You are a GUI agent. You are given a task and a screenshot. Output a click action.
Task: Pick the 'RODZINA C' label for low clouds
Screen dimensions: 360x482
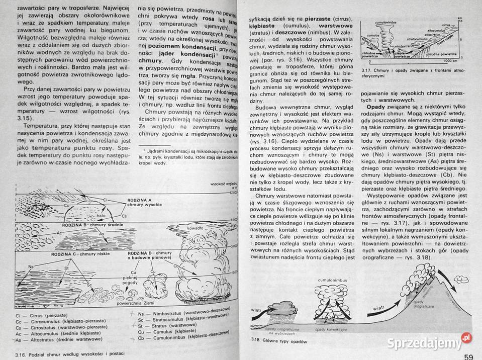(x=66, y=254)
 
